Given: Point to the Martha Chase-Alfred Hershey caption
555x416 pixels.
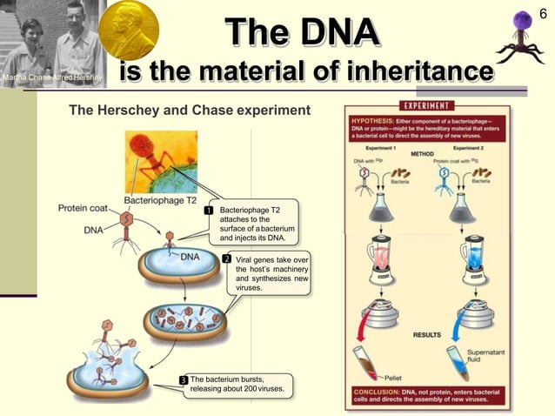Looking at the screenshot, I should click(x=52, y=80).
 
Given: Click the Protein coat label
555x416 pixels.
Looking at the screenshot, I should click(x=84, y=208).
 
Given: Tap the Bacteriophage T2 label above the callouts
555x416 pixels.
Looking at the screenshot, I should click(x=159, y=200).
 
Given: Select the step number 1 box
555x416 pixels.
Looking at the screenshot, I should click(x=209, y=210).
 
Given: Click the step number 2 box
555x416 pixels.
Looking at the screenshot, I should click(x=226, y=259).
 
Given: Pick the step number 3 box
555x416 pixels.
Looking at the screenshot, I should click(x=184, y=379).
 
